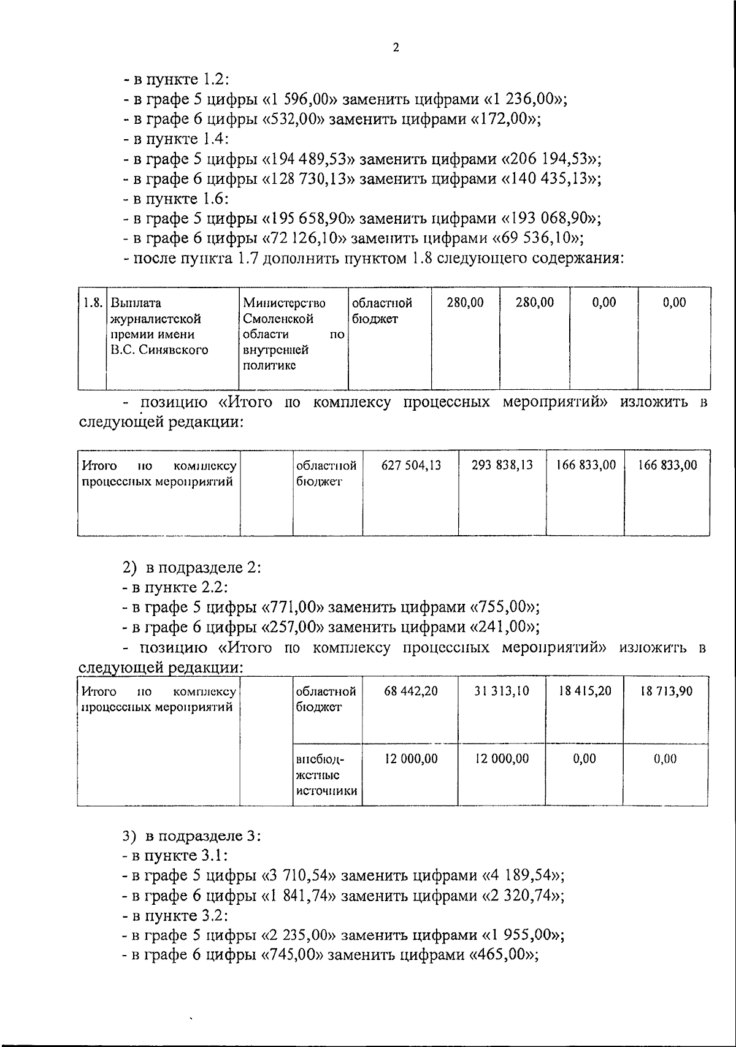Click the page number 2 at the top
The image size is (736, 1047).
pos(396,47)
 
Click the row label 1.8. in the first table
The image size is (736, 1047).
pos(93,303)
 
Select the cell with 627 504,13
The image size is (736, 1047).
pos(411,465)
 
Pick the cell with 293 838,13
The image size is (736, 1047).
pos(502,465)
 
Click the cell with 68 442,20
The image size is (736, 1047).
pos(411,691)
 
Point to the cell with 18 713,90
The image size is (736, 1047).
pos(666,691)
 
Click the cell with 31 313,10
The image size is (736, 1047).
pos(502,691)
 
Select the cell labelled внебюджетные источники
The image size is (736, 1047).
pos(326,775)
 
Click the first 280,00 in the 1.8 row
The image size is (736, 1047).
pos(465,302)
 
